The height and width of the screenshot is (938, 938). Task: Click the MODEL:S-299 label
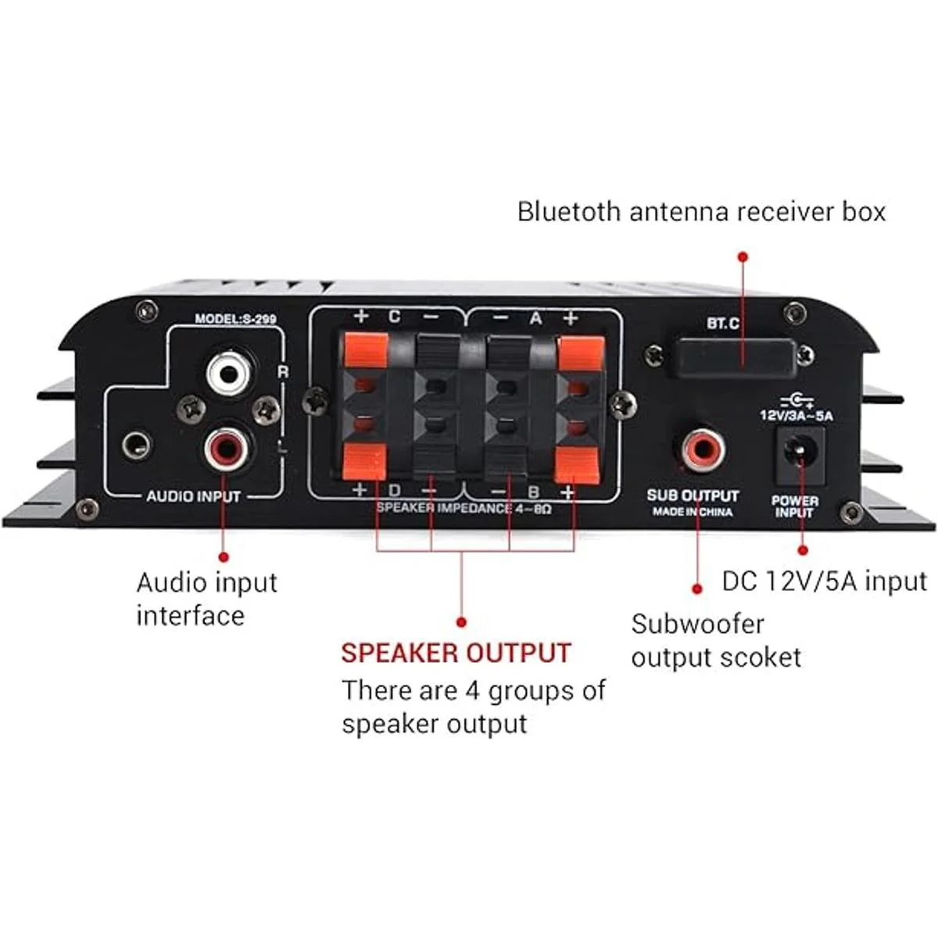click(x=235, y=319)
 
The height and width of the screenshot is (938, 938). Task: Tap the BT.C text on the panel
click(x=723, y=323)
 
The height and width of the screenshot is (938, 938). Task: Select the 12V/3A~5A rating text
click(x=797, y=416)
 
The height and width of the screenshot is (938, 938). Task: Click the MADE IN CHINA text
click(x=693, y=512)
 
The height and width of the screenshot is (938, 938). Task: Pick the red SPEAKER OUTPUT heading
click(x=456, y=653)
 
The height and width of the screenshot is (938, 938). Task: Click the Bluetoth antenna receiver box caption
click(x=701, y=212)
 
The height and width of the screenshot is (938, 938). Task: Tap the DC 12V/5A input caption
click(x=824, y=581)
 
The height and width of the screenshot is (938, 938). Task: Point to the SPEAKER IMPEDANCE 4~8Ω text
click(x=464, y=507)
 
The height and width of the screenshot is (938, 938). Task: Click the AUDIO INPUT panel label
click(x=193, y=496)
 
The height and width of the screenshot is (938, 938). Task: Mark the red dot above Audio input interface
click(x=224, y=557)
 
